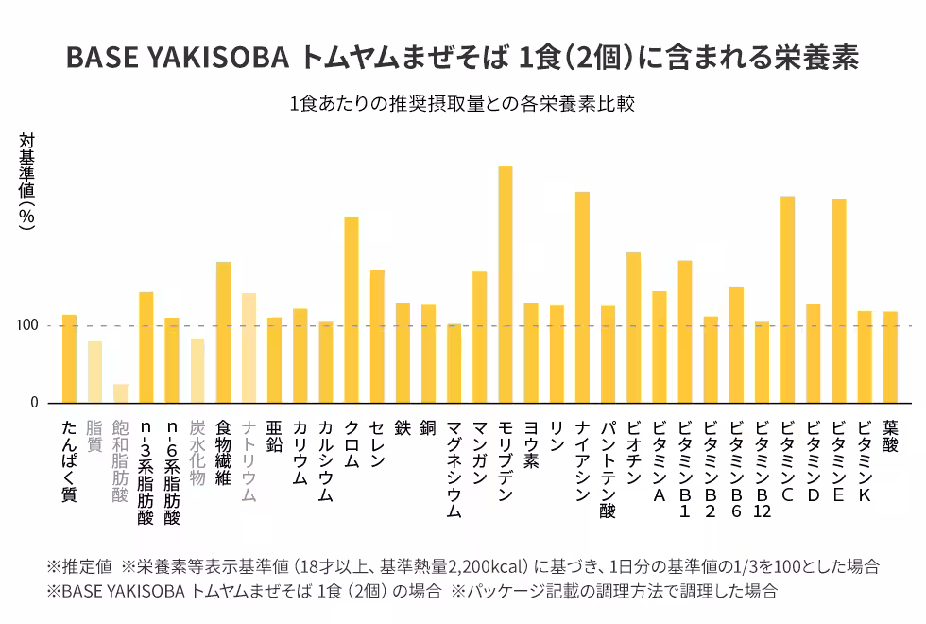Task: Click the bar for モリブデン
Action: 506,285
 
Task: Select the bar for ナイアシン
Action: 582,297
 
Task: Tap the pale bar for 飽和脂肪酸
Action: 121,393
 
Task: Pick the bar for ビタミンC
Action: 788,299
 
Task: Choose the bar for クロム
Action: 352,310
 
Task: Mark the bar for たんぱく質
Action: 69,358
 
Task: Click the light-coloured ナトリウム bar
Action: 249,348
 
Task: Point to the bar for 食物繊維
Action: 223,332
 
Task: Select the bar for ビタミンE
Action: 839,301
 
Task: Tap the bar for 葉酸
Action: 890,356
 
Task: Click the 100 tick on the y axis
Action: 26,326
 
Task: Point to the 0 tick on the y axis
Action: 34,403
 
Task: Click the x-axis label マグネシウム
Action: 454,469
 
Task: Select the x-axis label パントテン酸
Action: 608,469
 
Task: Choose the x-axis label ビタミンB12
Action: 762,469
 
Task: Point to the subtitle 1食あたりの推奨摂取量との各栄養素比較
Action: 462,104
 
